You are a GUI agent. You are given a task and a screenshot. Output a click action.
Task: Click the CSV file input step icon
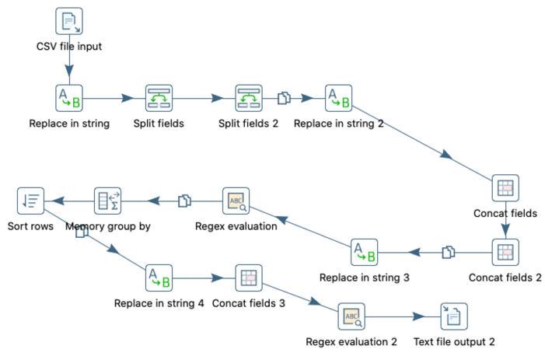point(69,21)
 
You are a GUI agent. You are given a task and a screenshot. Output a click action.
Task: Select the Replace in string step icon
point(69,98)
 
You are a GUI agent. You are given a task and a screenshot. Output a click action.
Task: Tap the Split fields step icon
point(159,98)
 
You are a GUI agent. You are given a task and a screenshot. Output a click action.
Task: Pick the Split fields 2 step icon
point(249,98)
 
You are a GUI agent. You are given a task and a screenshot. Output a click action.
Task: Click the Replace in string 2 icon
point(338,98)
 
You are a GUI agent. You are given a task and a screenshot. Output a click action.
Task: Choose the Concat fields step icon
point(505,188)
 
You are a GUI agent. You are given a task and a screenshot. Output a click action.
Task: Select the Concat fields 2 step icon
point(505,252)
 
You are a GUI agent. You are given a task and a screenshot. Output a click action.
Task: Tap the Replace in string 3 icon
point(365,252)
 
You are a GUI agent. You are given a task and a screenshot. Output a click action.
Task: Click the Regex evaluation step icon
point(236,201)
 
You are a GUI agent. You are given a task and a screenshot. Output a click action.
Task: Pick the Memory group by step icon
point(108,201)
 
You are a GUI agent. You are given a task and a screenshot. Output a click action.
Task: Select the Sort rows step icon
point(30,201)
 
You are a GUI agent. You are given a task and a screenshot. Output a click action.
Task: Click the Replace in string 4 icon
point(159,278)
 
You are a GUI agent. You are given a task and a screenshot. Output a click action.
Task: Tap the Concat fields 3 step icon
point(249,278)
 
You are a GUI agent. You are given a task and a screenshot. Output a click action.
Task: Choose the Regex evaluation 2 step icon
point(351,316)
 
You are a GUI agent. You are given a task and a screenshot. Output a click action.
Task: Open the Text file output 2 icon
point(454,316)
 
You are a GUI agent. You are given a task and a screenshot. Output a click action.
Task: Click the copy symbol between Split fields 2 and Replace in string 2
point(284,98)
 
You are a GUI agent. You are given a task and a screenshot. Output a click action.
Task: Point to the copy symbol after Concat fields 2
point(449,252)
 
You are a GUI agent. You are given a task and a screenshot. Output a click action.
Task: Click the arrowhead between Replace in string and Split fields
point(128,98)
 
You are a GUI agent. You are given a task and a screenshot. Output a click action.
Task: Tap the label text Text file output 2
point(454,342)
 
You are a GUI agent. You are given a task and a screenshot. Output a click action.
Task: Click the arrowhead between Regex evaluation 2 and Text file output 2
point(419,316)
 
